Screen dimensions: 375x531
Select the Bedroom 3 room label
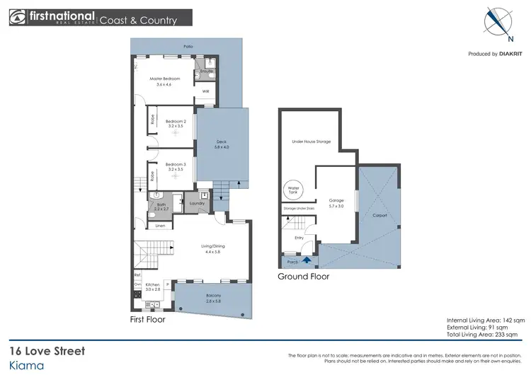coord(175,167)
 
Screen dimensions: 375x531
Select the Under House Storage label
coord(312,142)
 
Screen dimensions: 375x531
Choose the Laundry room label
coord(198,204)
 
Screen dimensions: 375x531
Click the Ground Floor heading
coord(303,277)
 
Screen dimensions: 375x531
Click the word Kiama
coord(27,365)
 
